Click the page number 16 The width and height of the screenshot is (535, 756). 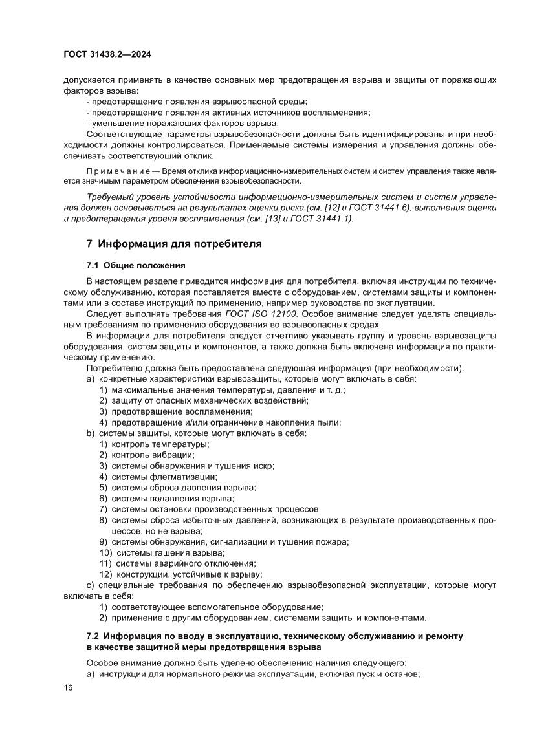pyautogui.click(x=68, y=687)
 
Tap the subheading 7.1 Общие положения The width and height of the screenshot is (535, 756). pyautogui.click(x=136, y=265)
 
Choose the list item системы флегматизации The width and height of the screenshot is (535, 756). pyautogui.click(x=164, y=477)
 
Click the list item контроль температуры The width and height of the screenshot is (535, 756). pyautogui.click(x=160, y=444)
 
